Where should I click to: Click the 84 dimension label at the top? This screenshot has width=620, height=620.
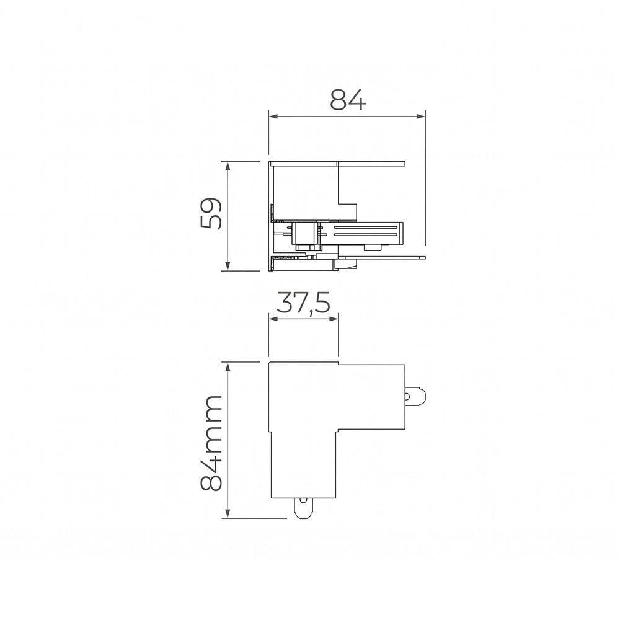pos(348,100)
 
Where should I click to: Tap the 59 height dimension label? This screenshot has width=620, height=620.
pos(211,213)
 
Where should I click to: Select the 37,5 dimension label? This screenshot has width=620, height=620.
pos(303,303)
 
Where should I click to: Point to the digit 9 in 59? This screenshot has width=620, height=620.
pos(211,205)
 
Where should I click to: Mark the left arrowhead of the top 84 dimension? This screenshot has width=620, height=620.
pos(273,117)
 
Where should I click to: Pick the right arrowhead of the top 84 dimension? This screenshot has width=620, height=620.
pos(420,117)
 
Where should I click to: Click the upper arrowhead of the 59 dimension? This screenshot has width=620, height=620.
pos(228,166)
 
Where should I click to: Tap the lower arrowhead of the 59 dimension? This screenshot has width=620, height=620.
pos(228,266)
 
